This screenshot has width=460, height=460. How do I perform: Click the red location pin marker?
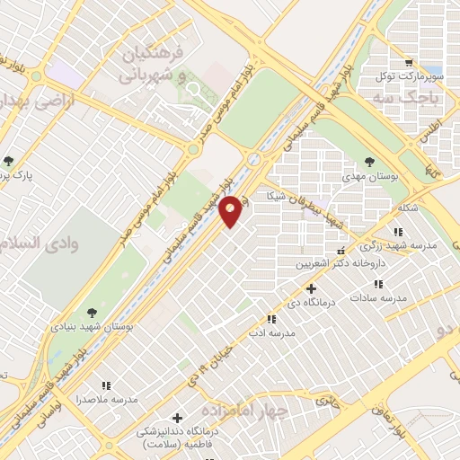click(231, 210)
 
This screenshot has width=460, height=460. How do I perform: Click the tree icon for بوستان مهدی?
click(370, 162)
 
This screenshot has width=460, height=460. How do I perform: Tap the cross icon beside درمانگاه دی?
click(311, 288)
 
